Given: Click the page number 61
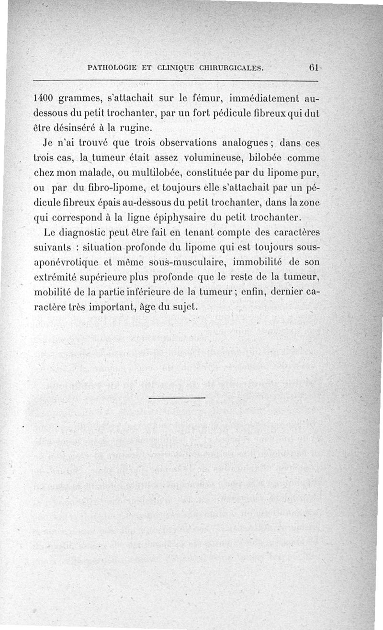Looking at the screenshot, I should [x=314, y=67].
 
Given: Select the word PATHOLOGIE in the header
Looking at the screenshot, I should [x=112, y=68].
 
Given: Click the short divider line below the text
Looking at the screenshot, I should [x=177, y=397].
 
